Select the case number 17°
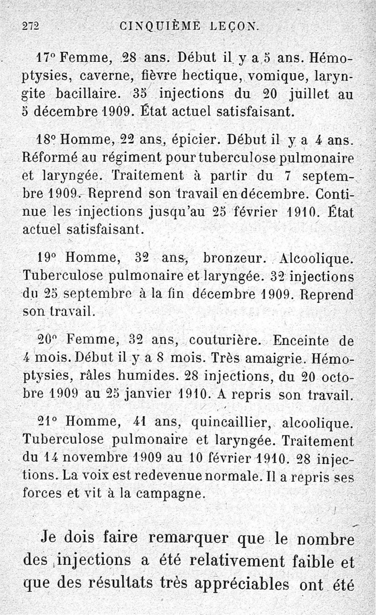click(46, 59)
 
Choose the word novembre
click(96, 457)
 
